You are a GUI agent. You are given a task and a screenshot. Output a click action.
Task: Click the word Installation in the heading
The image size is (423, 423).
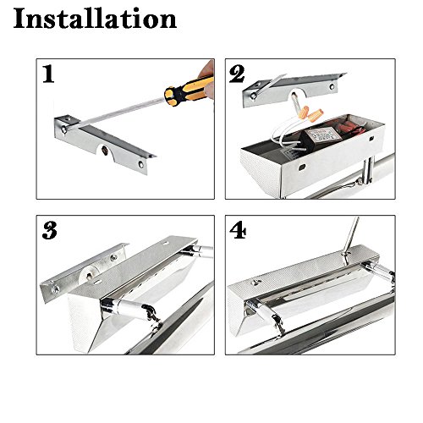[x=95, y=19]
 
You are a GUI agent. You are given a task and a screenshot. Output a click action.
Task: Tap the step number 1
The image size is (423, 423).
[x=48, y=74]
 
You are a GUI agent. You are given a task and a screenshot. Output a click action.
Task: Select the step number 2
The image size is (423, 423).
[x=237, y=74]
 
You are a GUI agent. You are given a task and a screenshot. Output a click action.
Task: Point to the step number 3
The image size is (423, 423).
[x=50, y=230]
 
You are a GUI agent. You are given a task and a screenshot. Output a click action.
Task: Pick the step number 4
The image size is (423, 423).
[x=238, y=230]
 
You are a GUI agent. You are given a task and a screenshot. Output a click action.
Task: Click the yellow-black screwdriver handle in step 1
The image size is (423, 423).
[x=189, y=91]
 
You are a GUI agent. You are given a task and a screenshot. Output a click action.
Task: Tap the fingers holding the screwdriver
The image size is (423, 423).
[x=207, y=79]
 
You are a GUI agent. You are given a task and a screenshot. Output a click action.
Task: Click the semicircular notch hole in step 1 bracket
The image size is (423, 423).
[x=105, y=151]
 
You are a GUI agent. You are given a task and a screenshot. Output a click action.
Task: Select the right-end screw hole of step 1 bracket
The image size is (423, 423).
[x=140, y=164]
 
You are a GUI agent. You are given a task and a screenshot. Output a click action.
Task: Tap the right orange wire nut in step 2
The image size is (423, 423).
[x=316, y=115]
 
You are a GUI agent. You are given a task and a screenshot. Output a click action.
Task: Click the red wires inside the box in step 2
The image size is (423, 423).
[x=351, y=128]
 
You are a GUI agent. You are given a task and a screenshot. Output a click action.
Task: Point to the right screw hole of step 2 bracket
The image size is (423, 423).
[x=332, y=85]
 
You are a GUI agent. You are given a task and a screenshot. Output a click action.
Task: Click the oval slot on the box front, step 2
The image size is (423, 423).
[x=302, y=168]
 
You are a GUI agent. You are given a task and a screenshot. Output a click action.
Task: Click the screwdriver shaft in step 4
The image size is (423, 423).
[x=353, y=233]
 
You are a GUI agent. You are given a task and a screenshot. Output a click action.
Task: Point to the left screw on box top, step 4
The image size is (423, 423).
[x=256, y=282]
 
